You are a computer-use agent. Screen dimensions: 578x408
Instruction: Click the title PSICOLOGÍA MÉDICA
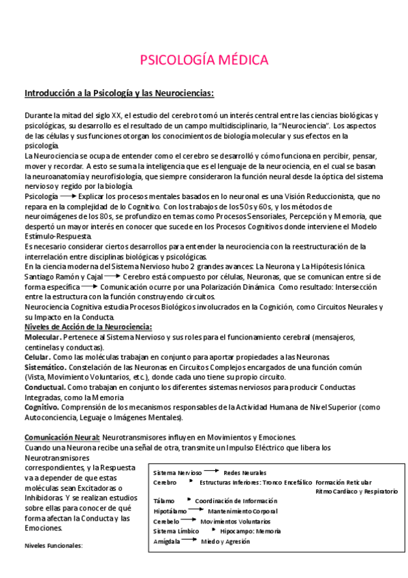[x=204, y=59]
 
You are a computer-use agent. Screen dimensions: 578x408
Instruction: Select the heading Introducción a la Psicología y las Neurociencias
[x=119, y=93]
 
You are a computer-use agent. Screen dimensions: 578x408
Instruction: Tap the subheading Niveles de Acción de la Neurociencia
[x=88, y=327]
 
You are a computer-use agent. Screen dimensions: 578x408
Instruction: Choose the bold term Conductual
[x=44, y=386]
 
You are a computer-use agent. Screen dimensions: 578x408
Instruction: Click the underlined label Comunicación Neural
[x=62, y=437]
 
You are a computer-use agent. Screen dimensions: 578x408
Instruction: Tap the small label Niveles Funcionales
[x=53, y=545]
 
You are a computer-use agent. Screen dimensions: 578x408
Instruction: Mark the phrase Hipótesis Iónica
[x=339, y=266]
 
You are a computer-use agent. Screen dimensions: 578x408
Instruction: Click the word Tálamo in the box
[x=164, y=501]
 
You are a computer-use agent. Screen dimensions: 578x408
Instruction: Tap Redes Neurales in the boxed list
[x=245, y=472]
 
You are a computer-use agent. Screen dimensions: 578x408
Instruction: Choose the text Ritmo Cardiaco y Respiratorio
[x=357, y=491]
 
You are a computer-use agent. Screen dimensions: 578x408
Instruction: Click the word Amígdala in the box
[x=168, y=541]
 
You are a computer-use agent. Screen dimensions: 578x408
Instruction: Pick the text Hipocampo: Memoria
[x=251, y=531]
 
